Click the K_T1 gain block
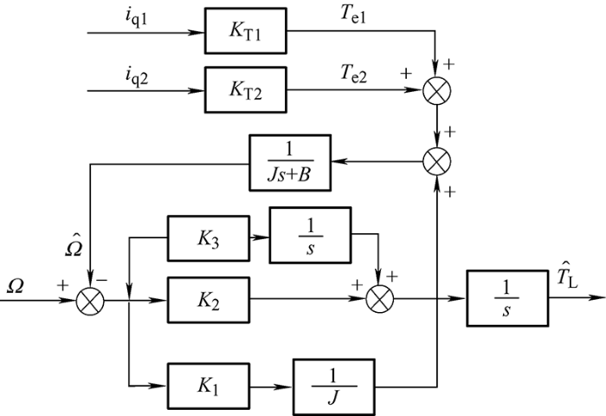click(x=245, y=30)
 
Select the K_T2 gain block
click(x=245, y=90)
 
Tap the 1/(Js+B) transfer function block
click(x=290, y=163)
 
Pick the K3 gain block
click(x=209, y=238)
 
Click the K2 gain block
click(x=209, y=300)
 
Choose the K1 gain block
click(x=209, y=387)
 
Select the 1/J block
click(x=333, y=387)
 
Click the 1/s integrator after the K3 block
click(x=310, y=235)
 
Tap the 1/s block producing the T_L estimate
click(x=507, y=298)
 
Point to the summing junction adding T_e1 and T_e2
click(x=436, y=90)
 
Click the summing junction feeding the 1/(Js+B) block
click(x=436, y=161)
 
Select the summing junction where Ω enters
click(x=90, y=301)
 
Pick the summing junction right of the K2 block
click(x=379, y=299)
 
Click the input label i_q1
click(x=137, y=18)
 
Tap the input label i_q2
click(x=137, y=76)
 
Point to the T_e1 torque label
click(x=353, y=15)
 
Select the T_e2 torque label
click(x=353, y=74)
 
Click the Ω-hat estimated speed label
click(x=74, y=245)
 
